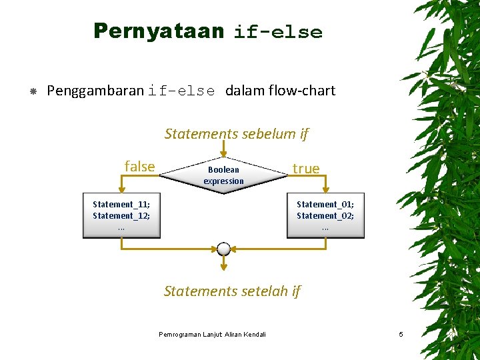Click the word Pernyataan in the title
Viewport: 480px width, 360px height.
(x=158, y=31)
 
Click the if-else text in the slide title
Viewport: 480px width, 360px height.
(x=277, y=33)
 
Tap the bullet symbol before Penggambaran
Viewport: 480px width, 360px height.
(x=33, y=91)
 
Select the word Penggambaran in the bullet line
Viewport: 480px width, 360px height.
(x=95, y=91)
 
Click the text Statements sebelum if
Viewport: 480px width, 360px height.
(x=236, y=134)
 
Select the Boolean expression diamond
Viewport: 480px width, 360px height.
(x=223, y=175)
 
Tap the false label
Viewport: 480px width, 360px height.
(x=139, y=167)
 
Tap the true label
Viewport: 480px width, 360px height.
(x=306, y=169)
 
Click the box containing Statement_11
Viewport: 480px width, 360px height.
(x=121, y=215)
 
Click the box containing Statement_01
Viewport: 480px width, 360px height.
(x=325, y=215)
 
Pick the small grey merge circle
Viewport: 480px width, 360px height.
(x=223, y=249)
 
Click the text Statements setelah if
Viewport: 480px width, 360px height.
(x=232, y=291)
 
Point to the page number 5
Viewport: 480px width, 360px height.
(x=401, y=334)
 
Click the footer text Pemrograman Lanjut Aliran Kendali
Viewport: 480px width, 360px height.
(x=212, y=334)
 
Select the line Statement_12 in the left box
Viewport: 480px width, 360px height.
(x=121, y=215)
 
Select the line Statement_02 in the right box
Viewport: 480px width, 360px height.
(x=325, y=215)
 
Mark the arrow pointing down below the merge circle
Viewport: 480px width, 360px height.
(x=223, y=267)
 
